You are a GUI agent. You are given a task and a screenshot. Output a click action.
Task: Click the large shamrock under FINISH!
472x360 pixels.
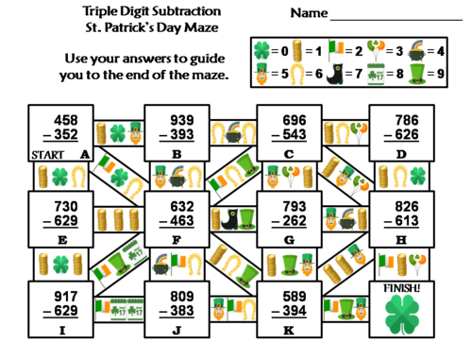pos(404,316)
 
